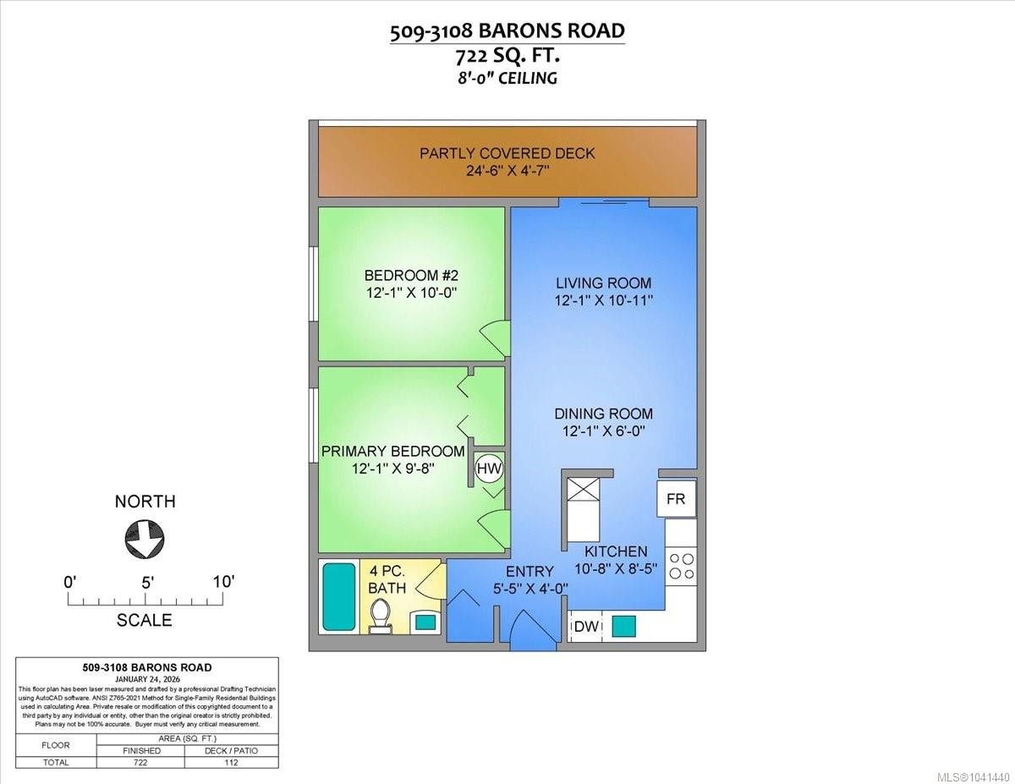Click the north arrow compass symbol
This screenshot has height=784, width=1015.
(x=145, y=539)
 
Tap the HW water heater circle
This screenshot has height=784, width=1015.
(x=489, y=469)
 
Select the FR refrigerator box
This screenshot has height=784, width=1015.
(x=677, y=499)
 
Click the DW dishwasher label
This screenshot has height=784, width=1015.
(x=585, y=626)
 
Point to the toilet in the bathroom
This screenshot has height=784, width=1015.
(x=381, y=616)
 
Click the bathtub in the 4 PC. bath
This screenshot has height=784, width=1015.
(x=339, y=597)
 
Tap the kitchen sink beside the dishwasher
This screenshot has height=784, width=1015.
(x=624, y=626)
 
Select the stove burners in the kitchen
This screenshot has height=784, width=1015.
(x=682, y=566)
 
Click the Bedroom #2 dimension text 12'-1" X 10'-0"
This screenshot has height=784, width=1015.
(x=411, y=293)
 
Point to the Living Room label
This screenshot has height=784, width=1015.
(x=603, y=283)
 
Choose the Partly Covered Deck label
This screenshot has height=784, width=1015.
(x=507, y=153)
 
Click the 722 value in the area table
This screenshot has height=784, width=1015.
(x=140, y=762)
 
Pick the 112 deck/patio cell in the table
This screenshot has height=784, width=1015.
(x=231, y=762)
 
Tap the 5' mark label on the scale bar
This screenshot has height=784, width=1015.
(x=148, y=582)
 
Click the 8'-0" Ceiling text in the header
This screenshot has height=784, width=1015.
(x=507, y=78)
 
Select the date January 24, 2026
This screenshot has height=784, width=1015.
(x=148, y=679)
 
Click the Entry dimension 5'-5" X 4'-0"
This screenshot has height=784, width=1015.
(x=530, y=589)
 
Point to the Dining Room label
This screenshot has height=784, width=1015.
(x=603, y=414)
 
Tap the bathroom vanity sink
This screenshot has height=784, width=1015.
(x=425, y=622)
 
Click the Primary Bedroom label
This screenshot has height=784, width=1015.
(x=392, y=451)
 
